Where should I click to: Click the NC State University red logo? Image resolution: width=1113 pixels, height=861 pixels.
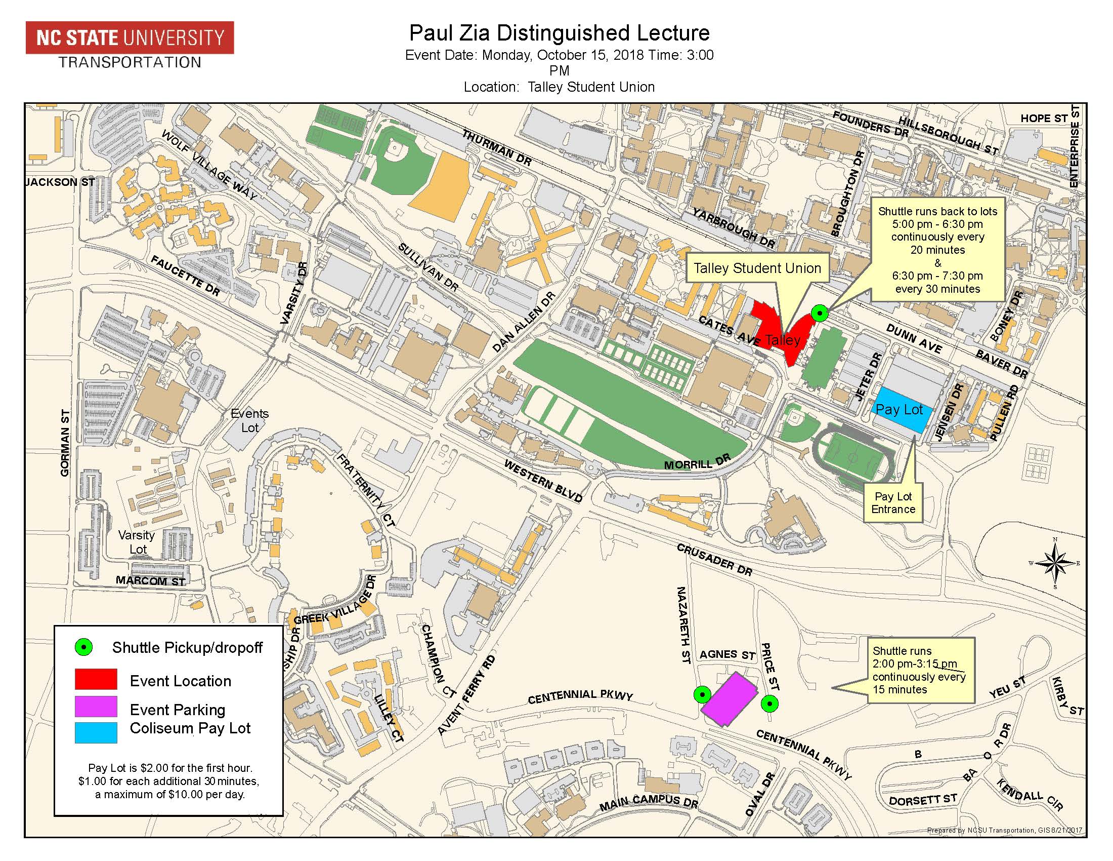pyautogui.click(x=130, y=37)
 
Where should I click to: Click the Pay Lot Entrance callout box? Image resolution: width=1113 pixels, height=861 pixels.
pyautogui.click(x=893, y=502)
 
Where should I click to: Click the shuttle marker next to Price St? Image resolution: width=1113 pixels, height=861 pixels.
pyautogui.click(x=769, y=704)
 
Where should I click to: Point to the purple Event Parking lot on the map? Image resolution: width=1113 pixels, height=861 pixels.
pyautogui.click(x=727, y=699)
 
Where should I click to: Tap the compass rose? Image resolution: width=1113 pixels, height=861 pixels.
pyautogui.click(x=1054, y=563)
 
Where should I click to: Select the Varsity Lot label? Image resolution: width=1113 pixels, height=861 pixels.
pyautogui.click(x=136, y=542)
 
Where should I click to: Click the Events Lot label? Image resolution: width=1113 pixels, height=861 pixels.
pyautogui.click(x=250, y=420)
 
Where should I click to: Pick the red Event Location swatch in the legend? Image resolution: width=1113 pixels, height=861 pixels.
pyautogui.click(x=96, y=679)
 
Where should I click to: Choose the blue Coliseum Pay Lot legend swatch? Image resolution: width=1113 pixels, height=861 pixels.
pyautogui.click(x=96, y=732)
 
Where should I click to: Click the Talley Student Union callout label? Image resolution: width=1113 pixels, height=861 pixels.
pyautogui.click(x=757, y=268)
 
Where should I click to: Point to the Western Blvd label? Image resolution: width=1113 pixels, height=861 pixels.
pyautogui.click(x=543, y=481)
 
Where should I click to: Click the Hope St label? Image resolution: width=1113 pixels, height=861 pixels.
pyautogui.click(x=1043, y=119)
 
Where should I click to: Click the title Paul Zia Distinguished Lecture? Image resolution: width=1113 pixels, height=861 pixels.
pyautogui.click(x=560, y=33)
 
